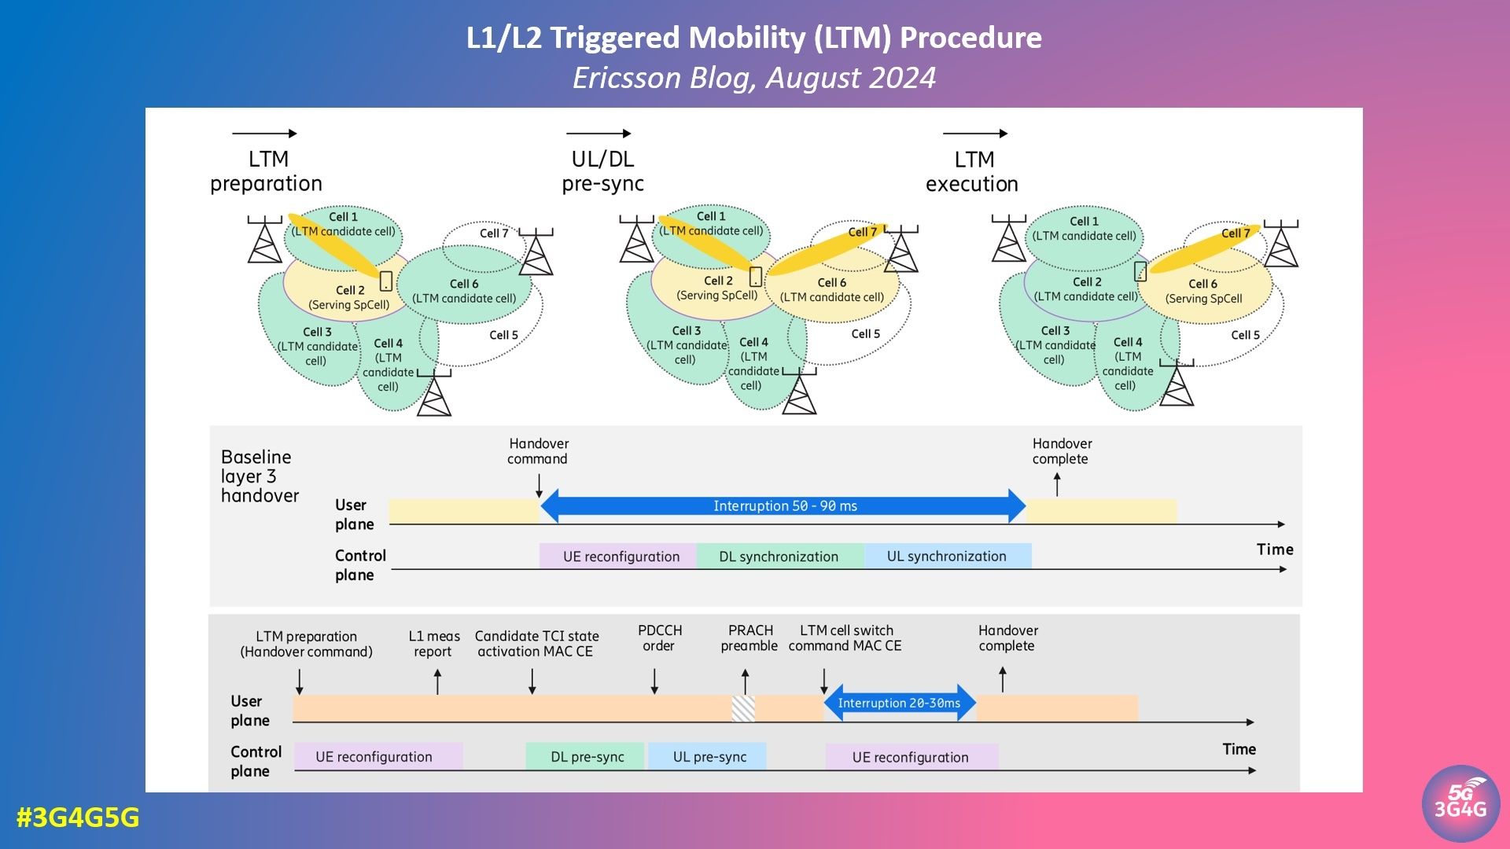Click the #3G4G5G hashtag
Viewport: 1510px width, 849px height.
click(x=78, y=818)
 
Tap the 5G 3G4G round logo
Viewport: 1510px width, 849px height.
click(x=1460, y=803)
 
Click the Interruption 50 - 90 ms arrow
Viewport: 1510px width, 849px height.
click(x=784, y=506)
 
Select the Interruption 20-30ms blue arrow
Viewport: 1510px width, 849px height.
click(x=899, y=703)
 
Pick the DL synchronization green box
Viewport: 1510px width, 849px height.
click(x=779, y=557)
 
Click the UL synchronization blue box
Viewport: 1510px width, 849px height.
click(x=947, y=557)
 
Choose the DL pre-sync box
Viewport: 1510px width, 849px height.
click(x=587, y=757)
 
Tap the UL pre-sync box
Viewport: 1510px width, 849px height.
click(x=709, y=757)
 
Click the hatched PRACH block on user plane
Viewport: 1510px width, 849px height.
click(x=743, y=708)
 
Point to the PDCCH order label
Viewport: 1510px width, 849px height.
click(x=659, y=638)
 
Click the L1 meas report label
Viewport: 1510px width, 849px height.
click(x=433, y=644)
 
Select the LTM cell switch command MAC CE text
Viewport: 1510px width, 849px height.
click(x=845, y=638)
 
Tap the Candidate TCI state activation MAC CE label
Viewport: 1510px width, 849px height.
click(x=536, y=644)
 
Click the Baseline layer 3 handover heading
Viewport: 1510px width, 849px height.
click(x=260, y=476)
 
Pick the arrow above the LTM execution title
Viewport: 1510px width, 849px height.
click(x=974, y=134)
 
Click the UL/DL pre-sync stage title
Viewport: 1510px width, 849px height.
click(x=602, y=171)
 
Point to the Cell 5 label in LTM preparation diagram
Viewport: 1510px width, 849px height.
click(x=503, y=335)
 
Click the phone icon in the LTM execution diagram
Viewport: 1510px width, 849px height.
click(x=1140, y=271)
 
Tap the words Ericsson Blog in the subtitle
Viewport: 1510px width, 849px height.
click(x=665, y=78)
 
